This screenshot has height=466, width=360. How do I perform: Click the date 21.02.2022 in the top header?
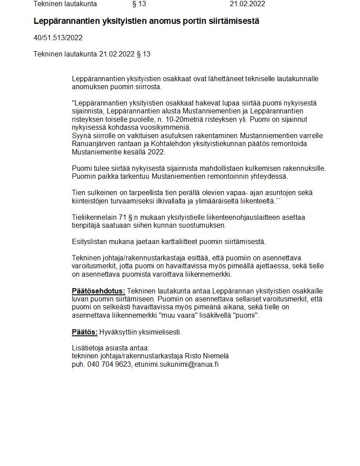247,4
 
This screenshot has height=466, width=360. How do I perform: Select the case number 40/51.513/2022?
58,38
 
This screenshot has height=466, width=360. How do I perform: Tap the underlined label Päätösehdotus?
98,291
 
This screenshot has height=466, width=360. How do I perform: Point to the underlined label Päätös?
84,332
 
